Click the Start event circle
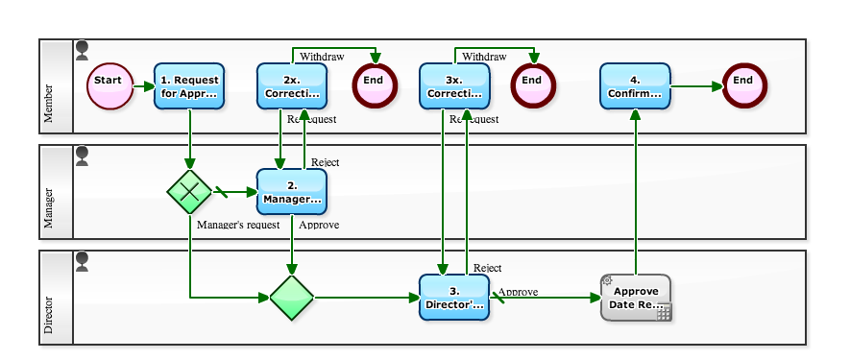pos(109,86)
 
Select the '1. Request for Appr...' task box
pos(189,86)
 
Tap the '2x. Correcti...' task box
pos(292,86)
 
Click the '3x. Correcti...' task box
pos(454,86)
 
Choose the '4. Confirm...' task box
pos(635,86)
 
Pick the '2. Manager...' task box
pos(292,191)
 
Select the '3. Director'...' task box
pos(454,297)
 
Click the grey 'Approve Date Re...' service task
pos(635,297)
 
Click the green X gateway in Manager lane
pos(189,191)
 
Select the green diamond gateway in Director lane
pos(292,297)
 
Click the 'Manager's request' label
pos(237,225)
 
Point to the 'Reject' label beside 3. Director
pos(488,268)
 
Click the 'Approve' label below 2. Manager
pos(319,225)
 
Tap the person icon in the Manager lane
pos(82,154)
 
